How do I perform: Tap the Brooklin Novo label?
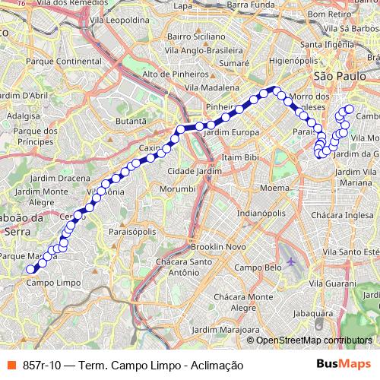click(218, 248)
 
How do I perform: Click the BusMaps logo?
click(343, 365)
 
